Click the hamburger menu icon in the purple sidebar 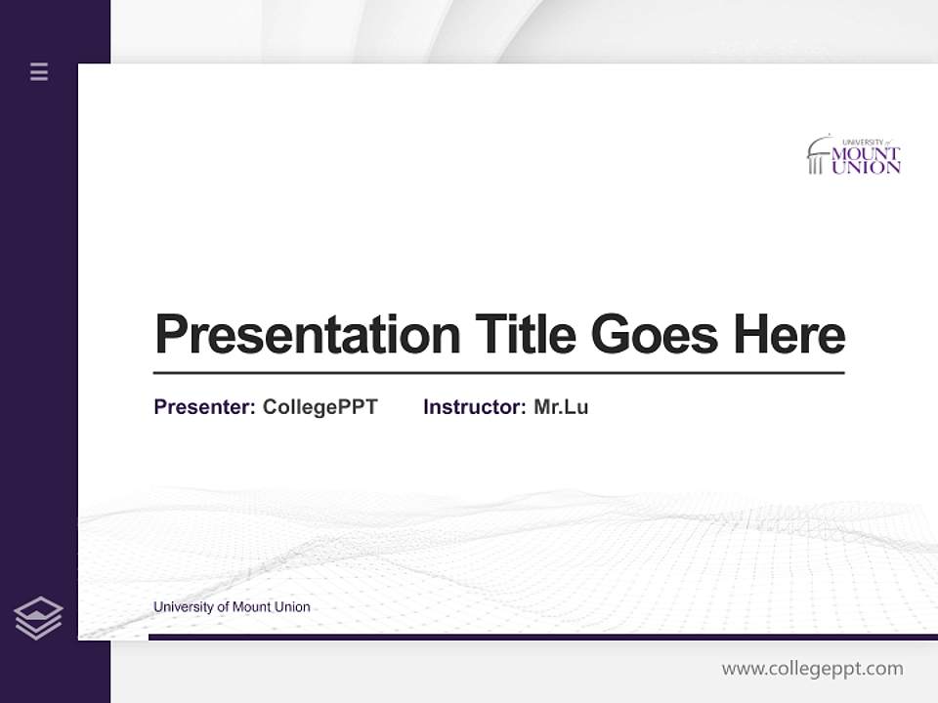(39, 71)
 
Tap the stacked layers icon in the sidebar (38, 618)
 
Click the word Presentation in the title (307, 335)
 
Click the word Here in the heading (789, 334)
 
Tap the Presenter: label (204, 407)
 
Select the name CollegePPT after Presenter (320, 407)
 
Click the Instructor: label (474, 407)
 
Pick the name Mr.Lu (561, 407)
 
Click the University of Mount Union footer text (232, 607)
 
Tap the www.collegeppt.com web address (812, 669)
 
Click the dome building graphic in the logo (818, 156)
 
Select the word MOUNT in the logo (866, 154)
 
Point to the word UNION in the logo (866, 168)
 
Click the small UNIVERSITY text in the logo (862, 142)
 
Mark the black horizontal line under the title (498, 373)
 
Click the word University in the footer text (182, 607)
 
